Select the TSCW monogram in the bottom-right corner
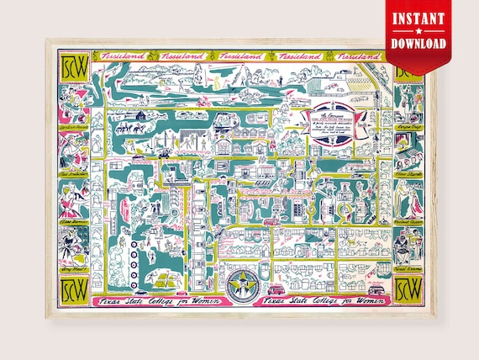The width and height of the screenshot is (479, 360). click(x=408, y=284)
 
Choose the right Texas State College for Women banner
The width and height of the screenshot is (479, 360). click(x=318, y=300)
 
